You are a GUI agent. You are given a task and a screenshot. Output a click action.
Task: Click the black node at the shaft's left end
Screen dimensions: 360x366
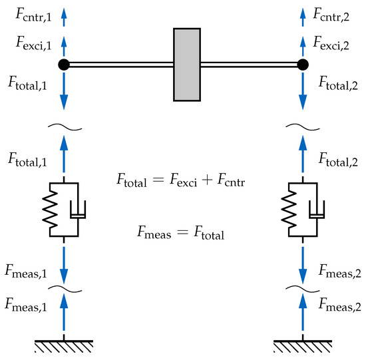[x=63, y=65]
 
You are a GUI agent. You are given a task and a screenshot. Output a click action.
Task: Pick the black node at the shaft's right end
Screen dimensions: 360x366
[x=303, y=65]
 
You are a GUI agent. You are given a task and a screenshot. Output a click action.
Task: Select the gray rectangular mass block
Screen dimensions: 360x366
[x=188, y=65]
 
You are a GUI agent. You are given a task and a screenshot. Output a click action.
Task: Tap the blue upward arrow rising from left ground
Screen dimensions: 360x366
[x=63, y=316]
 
